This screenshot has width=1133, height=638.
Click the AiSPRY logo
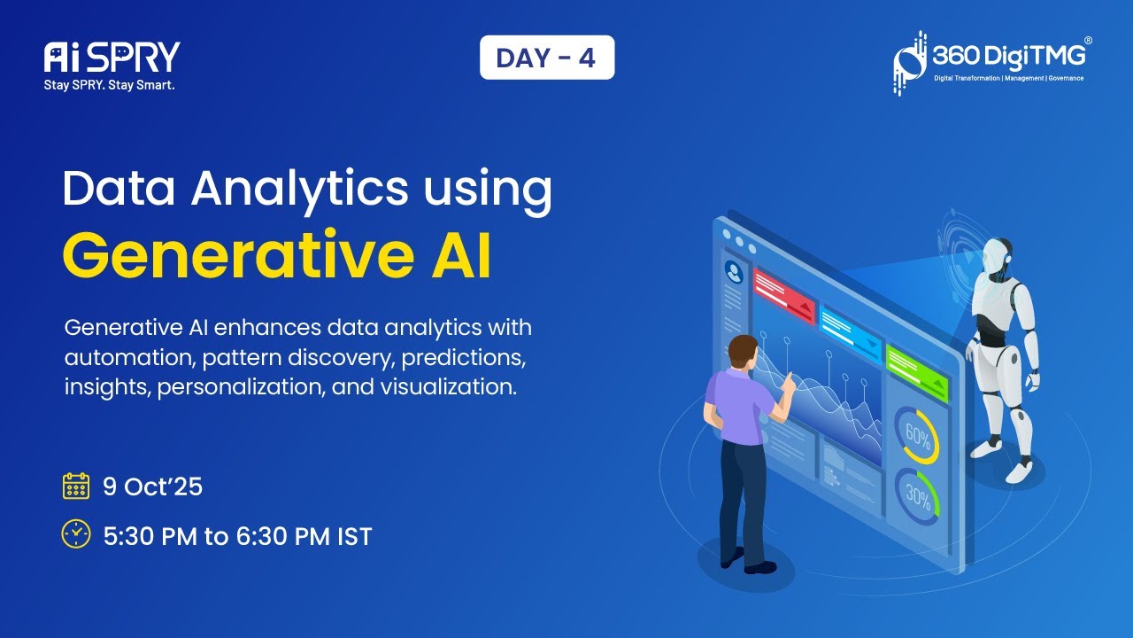(112, 58)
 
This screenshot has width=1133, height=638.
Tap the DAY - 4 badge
(546, 58)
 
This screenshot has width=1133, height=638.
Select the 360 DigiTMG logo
(991, 62)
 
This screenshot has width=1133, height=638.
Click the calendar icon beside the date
(76, 486)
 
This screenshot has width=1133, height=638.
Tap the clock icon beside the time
(76, 533)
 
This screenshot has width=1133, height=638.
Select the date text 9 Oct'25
(153, 486)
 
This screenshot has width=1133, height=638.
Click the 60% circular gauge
(916, 434)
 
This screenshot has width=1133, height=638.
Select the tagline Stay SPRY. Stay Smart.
(110, 86)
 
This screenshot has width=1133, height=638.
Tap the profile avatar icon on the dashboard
(733, 269)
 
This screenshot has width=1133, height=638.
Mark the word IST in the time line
(352, 536)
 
